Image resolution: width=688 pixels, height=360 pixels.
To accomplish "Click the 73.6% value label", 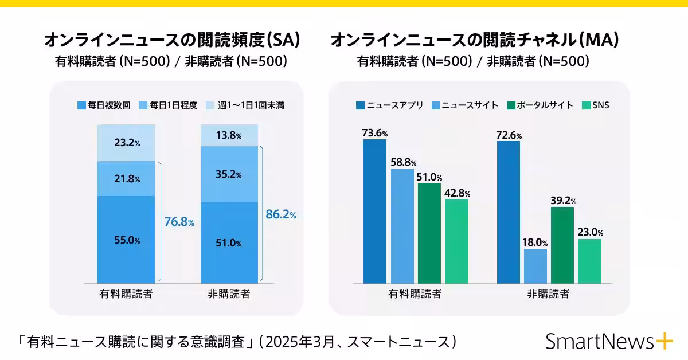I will click(x=375, y=133).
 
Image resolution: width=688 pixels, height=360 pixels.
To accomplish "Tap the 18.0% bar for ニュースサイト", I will click(x=535, y=266).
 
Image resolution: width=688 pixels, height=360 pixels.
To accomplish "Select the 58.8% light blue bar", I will click(x=402, y=226).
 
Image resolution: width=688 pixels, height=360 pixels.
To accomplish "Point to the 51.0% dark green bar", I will click(x=429, y=233).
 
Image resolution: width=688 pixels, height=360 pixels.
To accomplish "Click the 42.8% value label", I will click(x=457, y=193).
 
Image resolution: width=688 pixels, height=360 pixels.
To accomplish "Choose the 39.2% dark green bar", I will click(x=562, y=245).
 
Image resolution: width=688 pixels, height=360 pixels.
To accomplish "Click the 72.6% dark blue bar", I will click(x=509, y=212).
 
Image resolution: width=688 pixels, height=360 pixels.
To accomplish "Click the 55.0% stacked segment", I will click(x=126, y=240).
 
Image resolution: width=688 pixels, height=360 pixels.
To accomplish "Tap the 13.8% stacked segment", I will click(x=229, y=136).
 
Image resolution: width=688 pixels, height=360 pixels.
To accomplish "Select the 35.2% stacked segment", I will click(x=229, y=174).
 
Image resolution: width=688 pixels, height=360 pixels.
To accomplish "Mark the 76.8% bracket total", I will click(x=179, y=222).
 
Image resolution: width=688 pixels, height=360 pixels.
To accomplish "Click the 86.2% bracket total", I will click(x=281, y=215).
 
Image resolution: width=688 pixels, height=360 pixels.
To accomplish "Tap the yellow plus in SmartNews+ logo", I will click(x=663, y=341).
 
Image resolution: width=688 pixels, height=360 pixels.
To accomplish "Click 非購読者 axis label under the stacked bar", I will click(x=229, y=294).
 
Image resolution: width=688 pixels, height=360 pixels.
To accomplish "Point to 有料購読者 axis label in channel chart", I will click(x=415, y=294).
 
